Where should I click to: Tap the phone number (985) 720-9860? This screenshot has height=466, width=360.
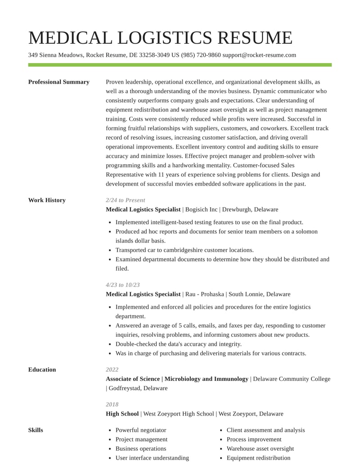coord(201,55)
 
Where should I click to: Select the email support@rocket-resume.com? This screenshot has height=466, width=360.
coord(259,55)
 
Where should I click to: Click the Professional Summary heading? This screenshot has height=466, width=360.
coord(58,82)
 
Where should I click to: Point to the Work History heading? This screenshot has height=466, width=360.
coord(47,200)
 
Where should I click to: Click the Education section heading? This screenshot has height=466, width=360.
coord(42,370)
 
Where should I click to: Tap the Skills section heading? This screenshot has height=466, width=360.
coord(36,430)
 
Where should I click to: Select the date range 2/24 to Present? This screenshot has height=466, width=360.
coord(126,200)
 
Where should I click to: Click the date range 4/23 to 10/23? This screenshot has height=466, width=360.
coord(123,285)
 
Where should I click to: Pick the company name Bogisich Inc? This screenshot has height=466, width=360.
coord(201,209)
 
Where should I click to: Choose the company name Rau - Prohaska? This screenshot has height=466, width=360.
coord(205,294)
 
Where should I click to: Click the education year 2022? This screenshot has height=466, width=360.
coord(112,370)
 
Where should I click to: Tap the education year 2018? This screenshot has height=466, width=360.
coord(112,404)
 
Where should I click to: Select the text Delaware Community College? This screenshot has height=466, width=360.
coord(292,379)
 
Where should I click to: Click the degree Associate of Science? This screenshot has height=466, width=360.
coord(133,379)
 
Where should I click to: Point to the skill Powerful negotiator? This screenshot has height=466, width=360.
coord(141,430)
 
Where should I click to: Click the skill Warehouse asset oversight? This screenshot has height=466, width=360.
coord(260,448)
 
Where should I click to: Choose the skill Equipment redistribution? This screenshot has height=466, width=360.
coord(258,458)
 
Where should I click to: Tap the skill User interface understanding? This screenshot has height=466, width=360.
coord(152,458)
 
